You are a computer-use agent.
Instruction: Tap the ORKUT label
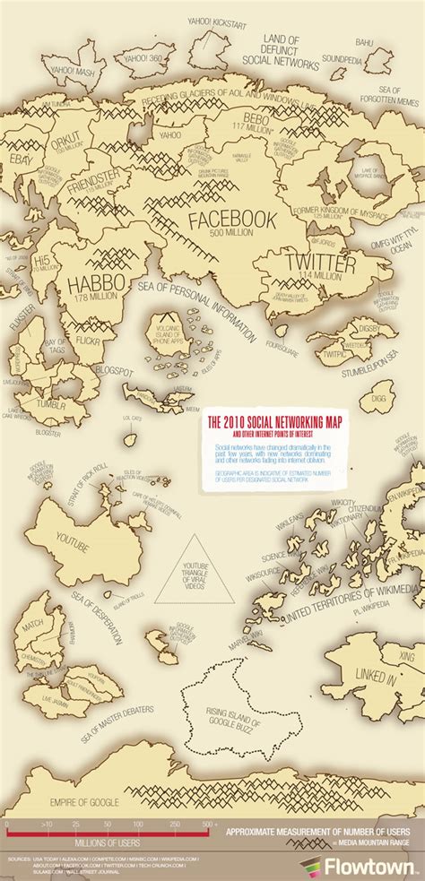pos(65,140)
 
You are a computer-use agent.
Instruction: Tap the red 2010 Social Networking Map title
pos(268,420)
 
